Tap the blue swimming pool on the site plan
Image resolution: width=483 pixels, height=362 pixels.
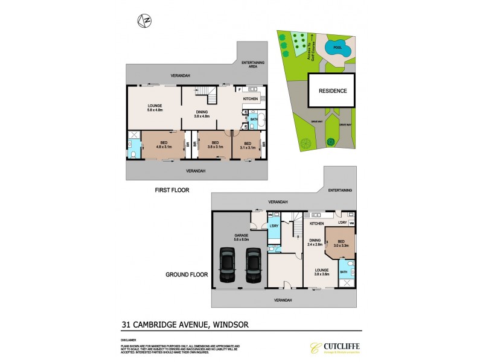[337, 48]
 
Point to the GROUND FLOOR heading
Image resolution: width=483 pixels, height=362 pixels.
[187, 275]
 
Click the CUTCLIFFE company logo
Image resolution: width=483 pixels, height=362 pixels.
[331, 348]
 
